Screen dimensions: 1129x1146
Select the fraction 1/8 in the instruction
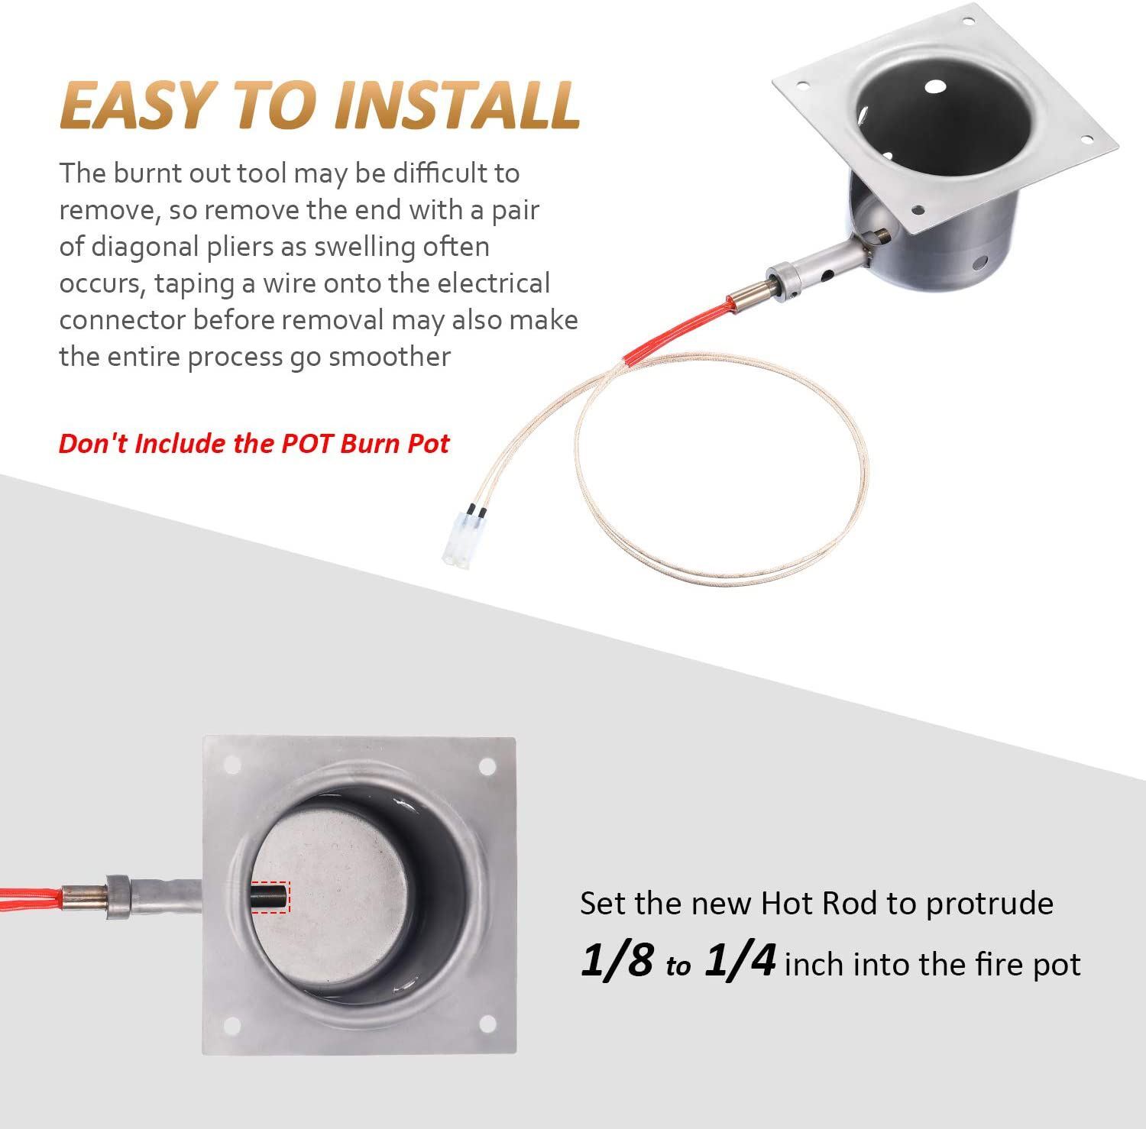(617, 961)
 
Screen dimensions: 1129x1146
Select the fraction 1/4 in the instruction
(740, 961)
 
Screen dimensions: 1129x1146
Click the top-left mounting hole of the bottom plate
(233, 765)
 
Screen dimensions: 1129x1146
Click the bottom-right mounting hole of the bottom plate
(484, 1024)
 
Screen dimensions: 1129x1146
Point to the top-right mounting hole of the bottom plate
(485, 765)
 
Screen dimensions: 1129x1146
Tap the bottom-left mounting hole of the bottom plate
(233, 1024)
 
